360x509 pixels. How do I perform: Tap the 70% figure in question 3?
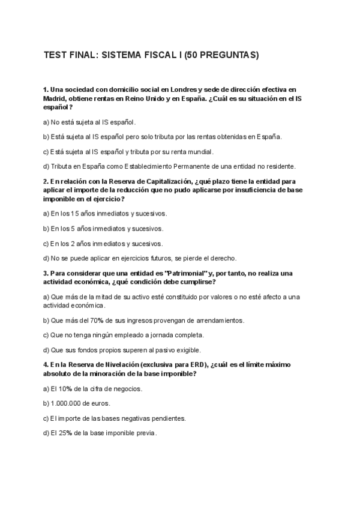(x=88, y=321)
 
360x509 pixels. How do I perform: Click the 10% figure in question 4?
(x=65, y=388)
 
